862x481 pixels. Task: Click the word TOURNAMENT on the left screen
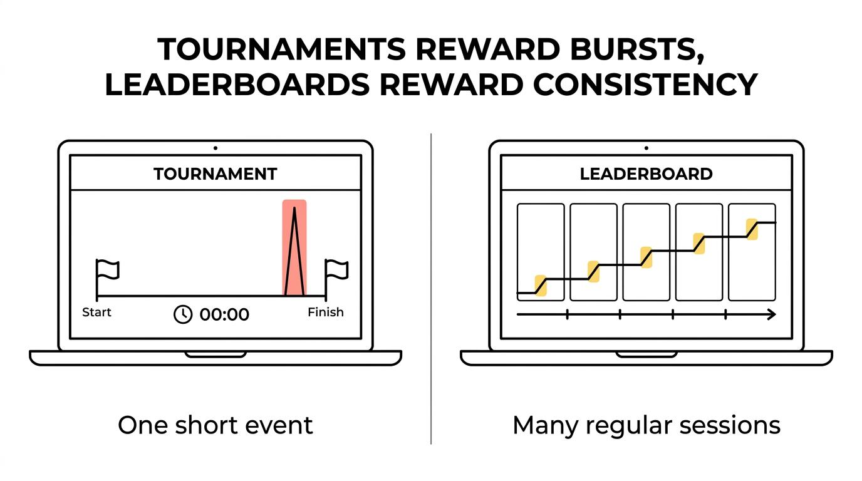point(215,174)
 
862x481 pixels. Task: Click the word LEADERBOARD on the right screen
point(646,174)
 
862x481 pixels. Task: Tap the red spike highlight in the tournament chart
point(294,247)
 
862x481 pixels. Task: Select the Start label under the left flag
point(96,312)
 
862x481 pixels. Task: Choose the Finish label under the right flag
point(326,312)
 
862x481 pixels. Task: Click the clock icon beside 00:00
point(183,314)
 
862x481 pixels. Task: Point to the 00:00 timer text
point(224,314)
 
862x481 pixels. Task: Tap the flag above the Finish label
point(337,269)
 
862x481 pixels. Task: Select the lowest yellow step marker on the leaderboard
point(541,286)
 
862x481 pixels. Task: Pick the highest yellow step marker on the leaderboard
point(752,229)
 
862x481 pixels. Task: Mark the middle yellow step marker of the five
point(646,257)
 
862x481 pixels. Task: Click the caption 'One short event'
point(215,426)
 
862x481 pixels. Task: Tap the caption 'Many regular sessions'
point(646,427)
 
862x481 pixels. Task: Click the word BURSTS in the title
point(638,50)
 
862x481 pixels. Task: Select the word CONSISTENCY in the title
point(645,85)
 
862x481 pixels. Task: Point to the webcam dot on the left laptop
point(215,148)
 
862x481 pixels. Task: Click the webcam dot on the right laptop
point(646,148)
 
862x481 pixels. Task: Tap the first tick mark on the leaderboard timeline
point(567,314)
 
